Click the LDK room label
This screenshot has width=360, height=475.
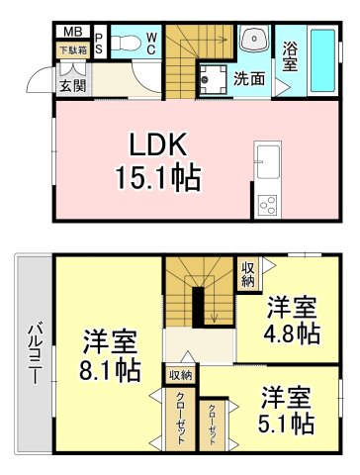[155, 144]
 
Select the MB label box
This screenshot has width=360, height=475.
[70, 32]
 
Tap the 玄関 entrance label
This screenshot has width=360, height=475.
[72, 85]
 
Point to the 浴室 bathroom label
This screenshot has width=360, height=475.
[289, 55]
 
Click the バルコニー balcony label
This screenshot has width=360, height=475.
[33, 352]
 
